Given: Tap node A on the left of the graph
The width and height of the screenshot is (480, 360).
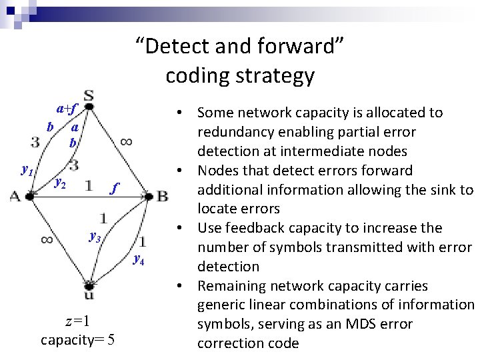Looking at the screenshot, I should [15, 195].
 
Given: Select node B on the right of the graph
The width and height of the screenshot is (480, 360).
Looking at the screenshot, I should [162, 195].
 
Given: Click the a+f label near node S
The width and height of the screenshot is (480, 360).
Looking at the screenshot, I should [67, 108].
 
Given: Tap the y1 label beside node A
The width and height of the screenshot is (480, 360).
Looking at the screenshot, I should [27, 171].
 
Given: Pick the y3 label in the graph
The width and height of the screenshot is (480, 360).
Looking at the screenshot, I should [95, 237].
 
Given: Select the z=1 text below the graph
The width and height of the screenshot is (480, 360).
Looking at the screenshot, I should [77, 320].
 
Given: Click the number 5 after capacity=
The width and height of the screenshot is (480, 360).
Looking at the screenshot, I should [111, 340].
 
